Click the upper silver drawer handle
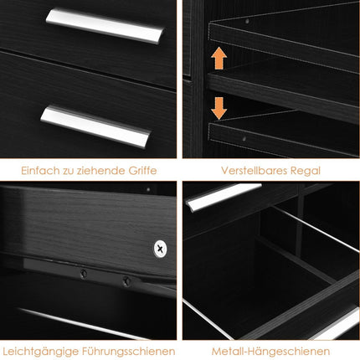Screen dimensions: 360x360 click(x=105, y=26)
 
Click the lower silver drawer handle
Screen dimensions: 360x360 click(x=95, y=126)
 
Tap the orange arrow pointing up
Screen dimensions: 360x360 click(x=219, y=58)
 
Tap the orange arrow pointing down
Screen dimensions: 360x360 click(x=219, y=108)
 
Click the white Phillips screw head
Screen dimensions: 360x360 click(x=161, y=249)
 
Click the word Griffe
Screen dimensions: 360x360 click(x=142, y=171)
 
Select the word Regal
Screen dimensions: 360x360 click(x=306, y=171)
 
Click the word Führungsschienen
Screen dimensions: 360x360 click(x=129, y=352)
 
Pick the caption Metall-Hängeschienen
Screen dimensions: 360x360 click(x=270, y=352)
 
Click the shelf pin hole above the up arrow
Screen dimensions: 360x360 click(x=247, y=21)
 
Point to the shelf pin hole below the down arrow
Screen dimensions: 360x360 click(x=244, y=138)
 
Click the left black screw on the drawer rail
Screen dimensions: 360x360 click(x=84, y=274)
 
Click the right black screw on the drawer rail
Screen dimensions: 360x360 click(x=126, y=280)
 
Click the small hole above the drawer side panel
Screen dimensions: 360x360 click(x=148, y=189)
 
